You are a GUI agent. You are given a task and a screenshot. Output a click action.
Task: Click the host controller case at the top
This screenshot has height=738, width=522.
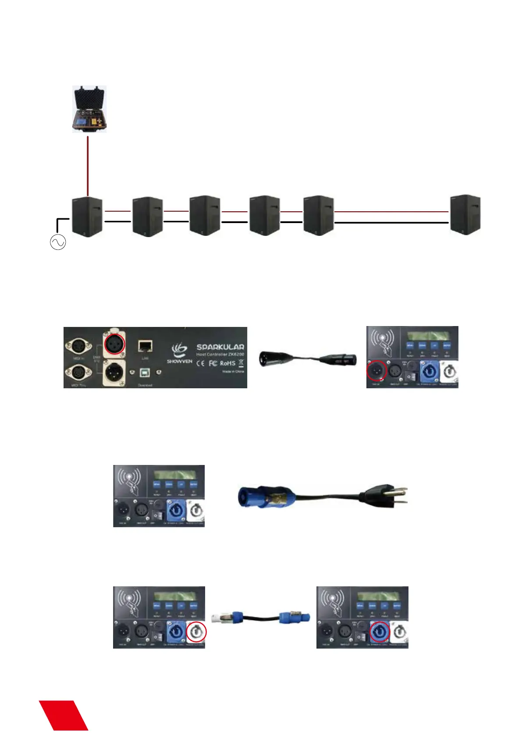[89, 109]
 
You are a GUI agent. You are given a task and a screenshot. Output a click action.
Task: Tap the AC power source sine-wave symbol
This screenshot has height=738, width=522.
[58, 242]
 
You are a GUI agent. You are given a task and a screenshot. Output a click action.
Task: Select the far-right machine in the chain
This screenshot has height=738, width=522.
[465, 215]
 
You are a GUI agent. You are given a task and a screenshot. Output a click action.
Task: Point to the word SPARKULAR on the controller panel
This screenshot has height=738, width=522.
[220, 347]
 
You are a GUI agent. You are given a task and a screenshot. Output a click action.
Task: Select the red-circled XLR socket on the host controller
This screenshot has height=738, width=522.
[114, 344]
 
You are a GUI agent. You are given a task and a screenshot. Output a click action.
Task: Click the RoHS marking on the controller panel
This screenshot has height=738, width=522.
[227, 363]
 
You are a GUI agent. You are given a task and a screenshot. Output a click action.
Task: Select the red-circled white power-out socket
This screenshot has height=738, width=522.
[196, 632]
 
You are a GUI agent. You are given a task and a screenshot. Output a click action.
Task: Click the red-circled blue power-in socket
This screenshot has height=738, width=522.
[380, 632]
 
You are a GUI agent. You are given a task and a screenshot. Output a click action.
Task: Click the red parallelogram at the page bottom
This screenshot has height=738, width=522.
[64, 715]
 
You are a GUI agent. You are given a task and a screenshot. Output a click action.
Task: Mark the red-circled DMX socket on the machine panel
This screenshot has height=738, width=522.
[376, 372]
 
